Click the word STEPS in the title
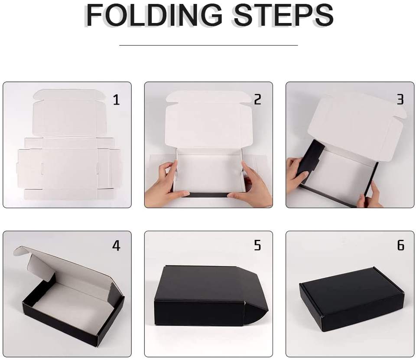tap(283, 15)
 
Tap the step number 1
tap(116, 100)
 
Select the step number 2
tap(257, 100)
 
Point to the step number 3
tap(400, 100)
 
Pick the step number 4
tap(116, 245)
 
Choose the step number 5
tap(257, 245)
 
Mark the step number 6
tap(400, 245)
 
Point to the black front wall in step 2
tap(208, 195)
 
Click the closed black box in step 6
tap(352, 299)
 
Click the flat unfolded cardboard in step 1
tap(69, 145)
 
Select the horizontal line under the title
tap(208, 46)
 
